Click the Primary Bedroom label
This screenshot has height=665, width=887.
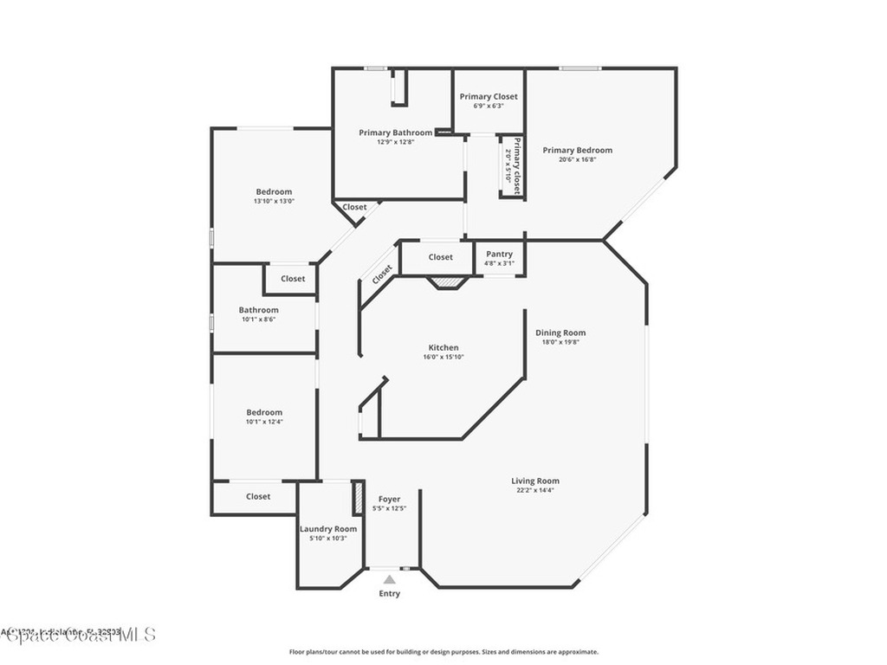click(577, 150)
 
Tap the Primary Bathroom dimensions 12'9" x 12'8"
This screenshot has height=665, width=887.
click(395, 142)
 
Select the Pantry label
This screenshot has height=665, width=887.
click(499, 254)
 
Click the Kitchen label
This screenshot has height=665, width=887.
click(443, 347)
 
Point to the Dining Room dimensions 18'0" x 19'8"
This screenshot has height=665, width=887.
click(560, 342)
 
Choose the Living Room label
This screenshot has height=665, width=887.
click(534, 481)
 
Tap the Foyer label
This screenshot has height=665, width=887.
click(390, 499)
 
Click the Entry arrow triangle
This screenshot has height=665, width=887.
click(390, 579)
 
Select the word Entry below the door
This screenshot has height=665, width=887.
click(390, 594)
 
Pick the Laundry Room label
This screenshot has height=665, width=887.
click(328, 529)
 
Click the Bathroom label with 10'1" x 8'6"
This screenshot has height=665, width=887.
click(259, 310)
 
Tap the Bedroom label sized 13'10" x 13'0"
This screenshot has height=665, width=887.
click(274, 191)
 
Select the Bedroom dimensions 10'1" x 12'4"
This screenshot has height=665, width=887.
click(264, 423)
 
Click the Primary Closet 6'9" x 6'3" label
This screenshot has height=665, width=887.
click(489, 97)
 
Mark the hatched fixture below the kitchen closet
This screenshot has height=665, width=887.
click(448, 281)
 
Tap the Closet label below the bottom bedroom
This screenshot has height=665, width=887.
click(258, 496)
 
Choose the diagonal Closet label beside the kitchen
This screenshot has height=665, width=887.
click(382, 274)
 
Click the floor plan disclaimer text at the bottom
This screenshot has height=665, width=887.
click(443, 651)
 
